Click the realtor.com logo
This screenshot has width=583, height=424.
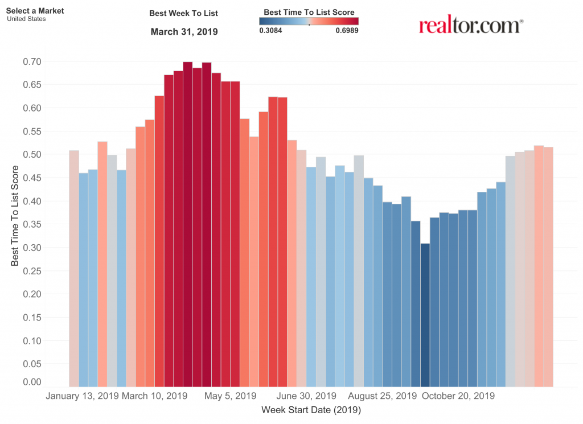(471, 24)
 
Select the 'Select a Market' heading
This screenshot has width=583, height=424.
(35, 11)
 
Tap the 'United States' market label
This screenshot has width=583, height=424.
(26, 19)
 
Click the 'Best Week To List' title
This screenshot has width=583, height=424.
(183, 13)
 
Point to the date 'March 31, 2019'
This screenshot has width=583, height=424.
(184, 32)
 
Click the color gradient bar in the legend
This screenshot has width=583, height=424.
(309, 21)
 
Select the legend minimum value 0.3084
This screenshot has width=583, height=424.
(270, 30)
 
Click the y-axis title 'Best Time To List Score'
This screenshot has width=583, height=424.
(15, 216)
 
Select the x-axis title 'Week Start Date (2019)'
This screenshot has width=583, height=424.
(311, 409)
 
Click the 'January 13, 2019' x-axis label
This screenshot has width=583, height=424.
(82, 396)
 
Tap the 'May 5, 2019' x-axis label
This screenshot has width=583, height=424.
(230, 396)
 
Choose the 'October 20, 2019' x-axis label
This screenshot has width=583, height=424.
(458, 396)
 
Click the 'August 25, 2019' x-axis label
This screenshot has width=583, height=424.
(382, 396)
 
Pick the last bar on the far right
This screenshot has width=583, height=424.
(548, 267)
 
